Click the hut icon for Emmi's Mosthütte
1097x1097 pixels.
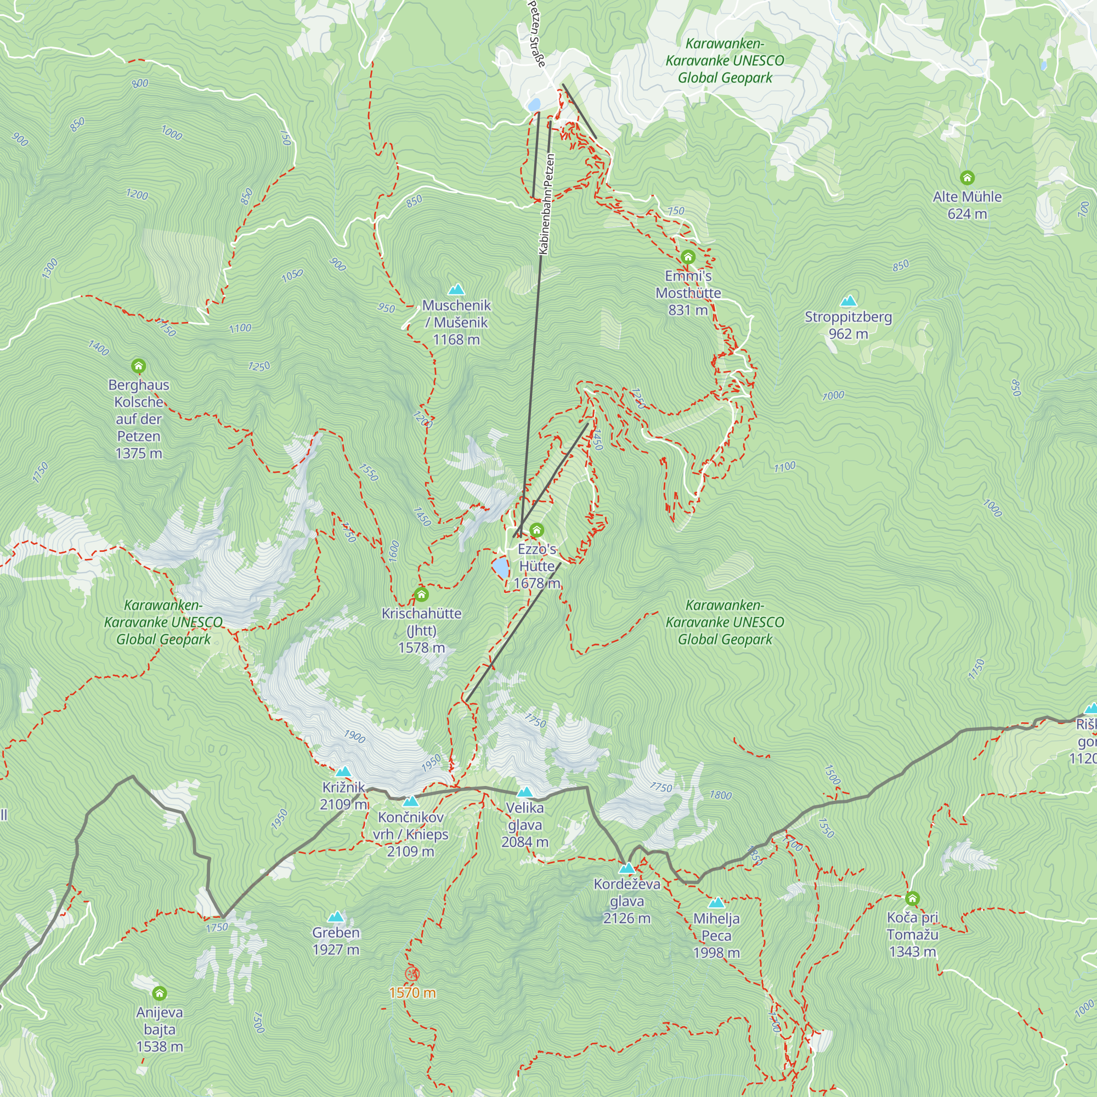(688, 257)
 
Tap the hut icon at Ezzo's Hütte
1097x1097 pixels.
(536, 530)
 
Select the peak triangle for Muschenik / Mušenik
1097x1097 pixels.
(456, 290)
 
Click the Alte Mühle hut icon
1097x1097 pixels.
(967, 178)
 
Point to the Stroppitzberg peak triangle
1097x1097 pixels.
(849, 301)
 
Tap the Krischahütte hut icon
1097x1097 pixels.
(421, 595)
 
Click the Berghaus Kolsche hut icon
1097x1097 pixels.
(139, 366)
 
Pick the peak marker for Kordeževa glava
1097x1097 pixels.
(626, 868)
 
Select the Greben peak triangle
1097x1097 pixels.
(336, 917)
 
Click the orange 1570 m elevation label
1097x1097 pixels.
(412, 993)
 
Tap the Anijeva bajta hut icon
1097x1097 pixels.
(160, 993)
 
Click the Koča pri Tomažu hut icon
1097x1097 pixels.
(912, 899)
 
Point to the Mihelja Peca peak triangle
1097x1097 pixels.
(716, 903)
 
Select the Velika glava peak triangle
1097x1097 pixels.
(525, 792)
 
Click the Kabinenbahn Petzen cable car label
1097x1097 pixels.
(546, 205)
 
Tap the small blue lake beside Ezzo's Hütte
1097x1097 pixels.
(500, 567)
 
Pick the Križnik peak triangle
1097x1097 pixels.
(343, 772)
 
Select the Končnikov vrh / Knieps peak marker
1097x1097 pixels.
(410, 802)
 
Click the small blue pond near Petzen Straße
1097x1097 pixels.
(534, 105)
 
